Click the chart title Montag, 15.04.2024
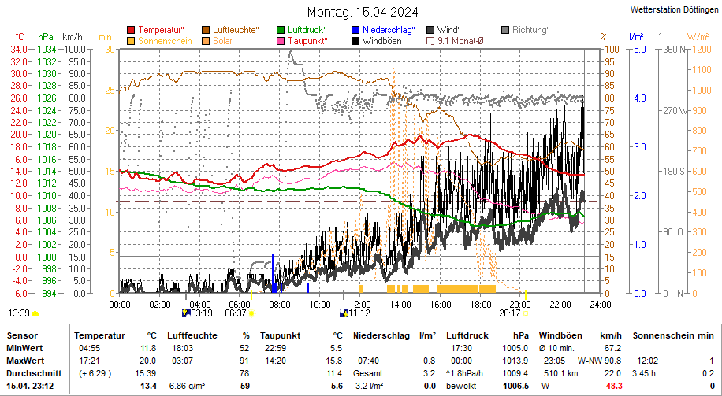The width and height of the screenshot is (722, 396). pyautogui.click(x=363, y=12)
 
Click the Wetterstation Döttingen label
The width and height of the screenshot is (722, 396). pyautogui.click(x=675, y=10)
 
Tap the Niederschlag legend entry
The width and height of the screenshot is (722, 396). pyautogui.click(x=388, y=30)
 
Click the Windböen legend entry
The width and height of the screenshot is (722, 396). pyautogui.click(x=381, y=41)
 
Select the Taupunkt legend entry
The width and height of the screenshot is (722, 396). pyautogui.click(x=307, y=41)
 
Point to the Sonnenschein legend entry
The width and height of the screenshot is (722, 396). pyautogui.click(x=165, y=41)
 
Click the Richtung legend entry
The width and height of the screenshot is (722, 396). pyautogui.click(x=530, y=30)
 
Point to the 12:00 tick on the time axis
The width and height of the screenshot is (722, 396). pyautogui.click(x=360, y=304)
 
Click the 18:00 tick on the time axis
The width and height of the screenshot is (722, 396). pyautogui.click(x=480, y=304)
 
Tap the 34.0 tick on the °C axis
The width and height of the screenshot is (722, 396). pyautogui.click(x=17, y=49)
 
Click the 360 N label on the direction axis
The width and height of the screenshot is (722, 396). pyautogui.click(x=672, y=49)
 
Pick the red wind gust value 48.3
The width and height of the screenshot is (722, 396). pyautogui.click(x=612, y=386)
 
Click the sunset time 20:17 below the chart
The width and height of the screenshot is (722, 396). pyautogui.click(x=510, y=313)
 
